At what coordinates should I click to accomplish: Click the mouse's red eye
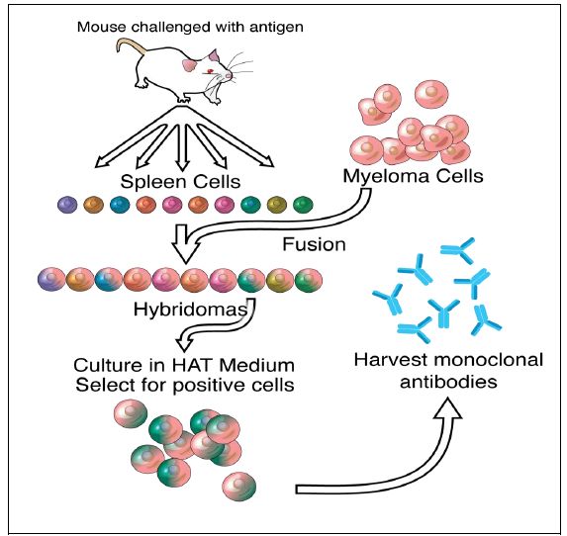point(210,71)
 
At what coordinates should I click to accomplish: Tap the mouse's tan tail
point(131,45)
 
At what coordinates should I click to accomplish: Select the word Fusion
point(314,244)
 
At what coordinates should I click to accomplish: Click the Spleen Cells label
point(180,181)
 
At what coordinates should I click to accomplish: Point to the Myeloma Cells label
point(413,176)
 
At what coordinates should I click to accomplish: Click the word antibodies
point(448,382)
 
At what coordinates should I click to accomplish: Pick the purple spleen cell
point(67,205)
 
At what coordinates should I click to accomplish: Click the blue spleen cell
point(120,205)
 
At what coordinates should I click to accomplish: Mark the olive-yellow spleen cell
point(277,205)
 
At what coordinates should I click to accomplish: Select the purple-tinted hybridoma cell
point(51,280)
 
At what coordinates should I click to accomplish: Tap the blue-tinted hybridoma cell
point(109,280)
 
